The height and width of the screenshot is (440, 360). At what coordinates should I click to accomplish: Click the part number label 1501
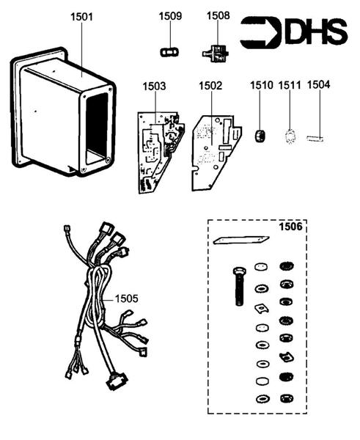point(81,15)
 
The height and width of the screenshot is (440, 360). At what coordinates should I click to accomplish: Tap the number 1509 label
point(170,15)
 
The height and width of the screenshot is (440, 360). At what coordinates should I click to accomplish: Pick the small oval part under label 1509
point(170,51)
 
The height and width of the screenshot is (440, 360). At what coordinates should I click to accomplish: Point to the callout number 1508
point(218,15)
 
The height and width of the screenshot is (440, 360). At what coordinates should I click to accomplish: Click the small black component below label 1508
point(213,53)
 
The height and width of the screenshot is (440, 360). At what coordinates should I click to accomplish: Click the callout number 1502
point(210,86)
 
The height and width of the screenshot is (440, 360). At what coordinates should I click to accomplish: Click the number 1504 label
point(318,85)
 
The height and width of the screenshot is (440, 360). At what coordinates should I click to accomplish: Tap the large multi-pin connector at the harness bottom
point(116,383)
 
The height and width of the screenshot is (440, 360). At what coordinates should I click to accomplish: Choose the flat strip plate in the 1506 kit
point(238,239)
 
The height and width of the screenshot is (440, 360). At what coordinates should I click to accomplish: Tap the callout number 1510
point(260,85)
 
